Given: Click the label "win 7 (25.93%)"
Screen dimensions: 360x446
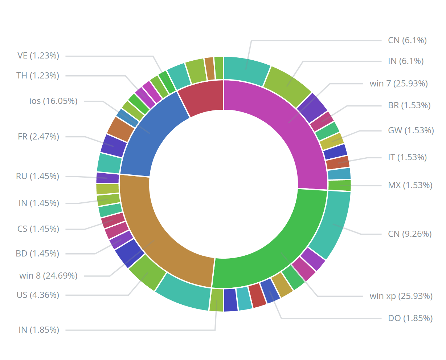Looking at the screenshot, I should tap(398, 84).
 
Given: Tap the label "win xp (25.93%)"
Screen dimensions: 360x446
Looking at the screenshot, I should tap(401, 296).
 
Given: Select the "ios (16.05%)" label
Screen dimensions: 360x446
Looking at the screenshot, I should tap(53, 101).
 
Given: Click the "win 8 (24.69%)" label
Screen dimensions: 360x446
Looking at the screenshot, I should tap(48, 276).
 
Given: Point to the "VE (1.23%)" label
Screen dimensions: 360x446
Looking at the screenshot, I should tap(38, 56).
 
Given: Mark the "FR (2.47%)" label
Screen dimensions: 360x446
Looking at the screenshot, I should tap(38, 137).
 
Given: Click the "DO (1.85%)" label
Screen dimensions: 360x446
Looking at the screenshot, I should tap(410, 318).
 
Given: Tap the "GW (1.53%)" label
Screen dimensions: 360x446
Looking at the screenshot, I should tap(411, 130).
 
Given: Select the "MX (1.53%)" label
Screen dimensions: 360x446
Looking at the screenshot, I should tap(410, 185).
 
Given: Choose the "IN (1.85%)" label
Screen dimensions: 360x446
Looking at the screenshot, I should tap(38, 330).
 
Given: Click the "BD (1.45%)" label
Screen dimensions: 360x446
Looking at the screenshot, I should tap(37, 254).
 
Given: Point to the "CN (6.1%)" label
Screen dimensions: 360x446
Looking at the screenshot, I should tap(407, 40).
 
